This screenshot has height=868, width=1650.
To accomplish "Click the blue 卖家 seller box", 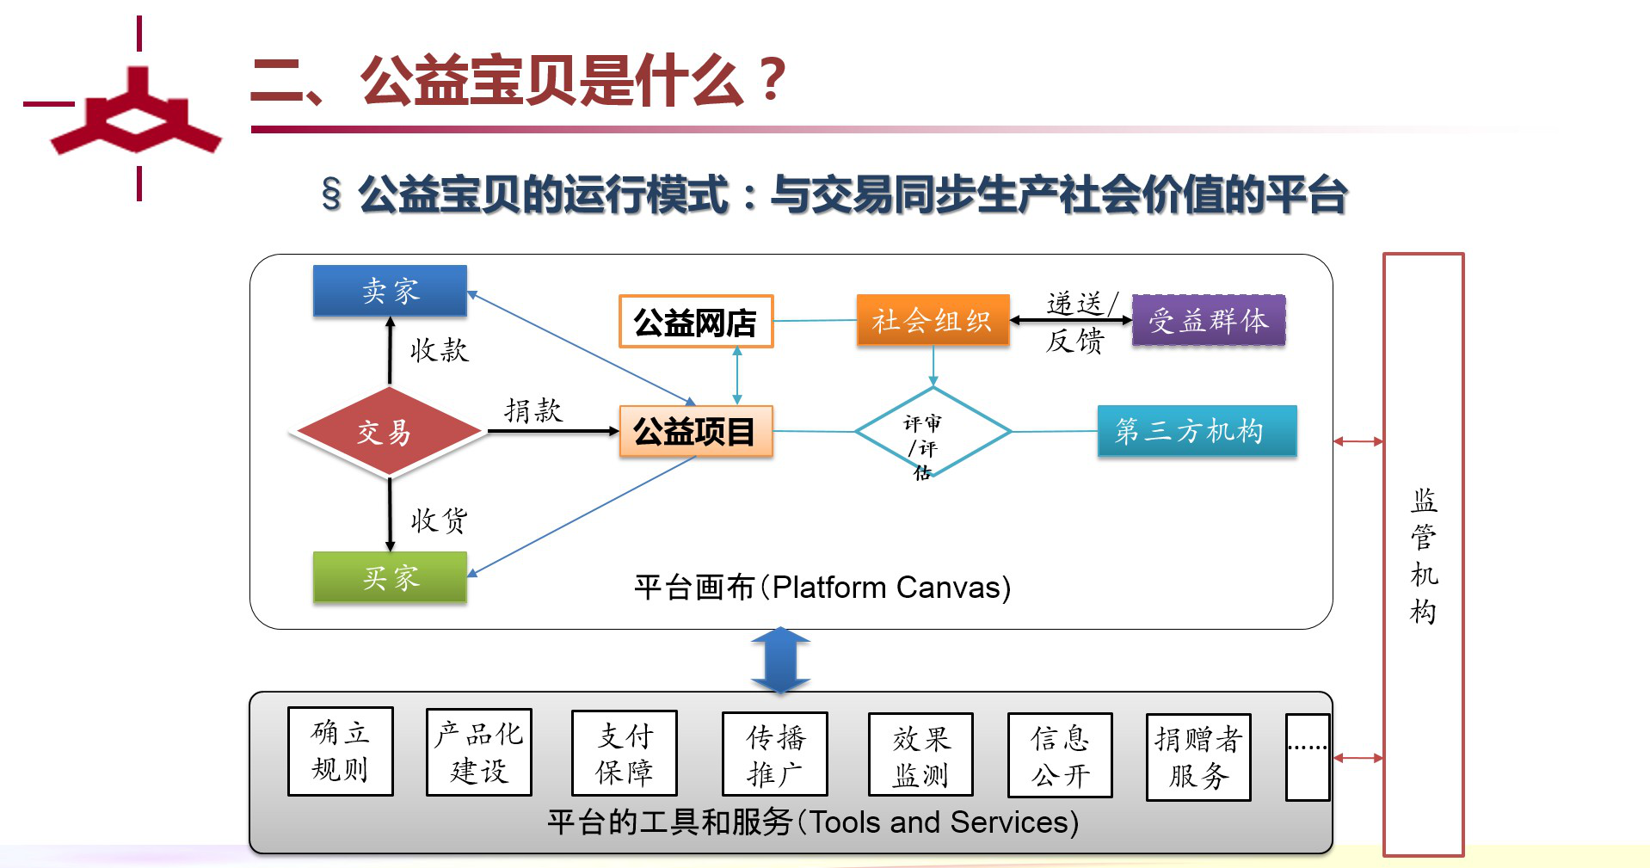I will coord(390,291).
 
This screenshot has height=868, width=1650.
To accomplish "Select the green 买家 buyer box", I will coord(390,577).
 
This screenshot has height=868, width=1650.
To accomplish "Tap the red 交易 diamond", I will coord(386,432).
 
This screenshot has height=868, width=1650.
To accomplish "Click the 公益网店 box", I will coord(695,322).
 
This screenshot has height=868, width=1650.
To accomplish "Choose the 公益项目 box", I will coord(695,431).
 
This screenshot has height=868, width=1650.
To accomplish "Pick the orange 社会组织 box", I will coord(933,321).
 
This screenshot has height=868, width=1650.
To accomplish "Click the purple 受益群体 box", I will coord(1208,321).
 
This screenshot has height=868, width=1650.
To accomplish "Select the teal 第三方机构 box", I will coord(1196,430).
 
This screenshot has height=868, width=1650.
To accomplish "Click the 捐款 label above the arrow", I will coord(533,410).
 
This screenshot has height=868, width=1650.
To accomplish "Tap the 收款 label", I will coord(439,350).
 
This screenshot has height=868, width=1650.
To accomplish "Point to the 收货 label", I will coord(439,520).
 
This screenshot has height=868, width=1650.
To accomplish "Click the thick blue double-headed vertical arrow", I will coord(780,660).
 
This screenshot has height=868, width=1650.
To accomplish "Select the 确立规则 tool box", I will coord(341,751).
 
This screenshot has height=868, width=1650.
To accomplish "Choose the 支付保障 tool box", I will coord(625,754).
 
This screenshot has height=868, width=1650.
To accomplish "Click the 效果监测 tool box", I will coord(920,755).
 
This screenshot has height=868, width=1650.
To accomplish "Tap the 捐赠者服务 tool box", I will coord(1198,757).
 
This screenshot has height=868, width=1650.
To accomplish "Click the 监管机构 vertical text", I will coord(1424,555).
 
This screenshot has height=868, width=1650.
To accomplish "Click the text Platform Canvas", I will coord(890,588).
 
